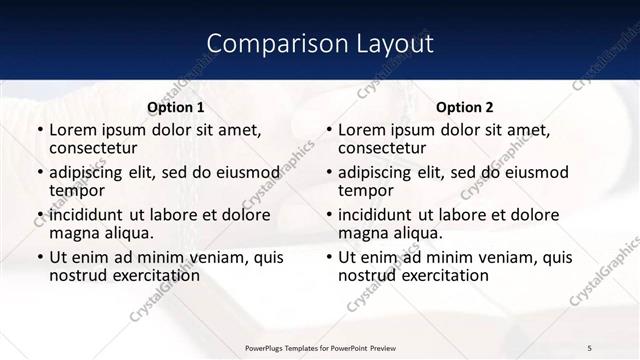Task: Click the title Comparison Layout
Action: (x=319, y=44)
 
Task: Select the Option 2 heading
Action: (x=464, y=107)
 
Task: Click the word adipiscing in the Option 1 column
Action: (x=89, y=173)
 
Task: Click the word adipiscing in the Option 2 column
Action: (x=378, y=173)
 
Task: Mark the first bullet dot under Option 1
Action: (x=39, y=131)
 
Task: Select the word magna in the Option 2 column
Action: (x=362, y=233)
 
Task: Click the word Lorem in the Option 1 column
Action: (x=72, y=130)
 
